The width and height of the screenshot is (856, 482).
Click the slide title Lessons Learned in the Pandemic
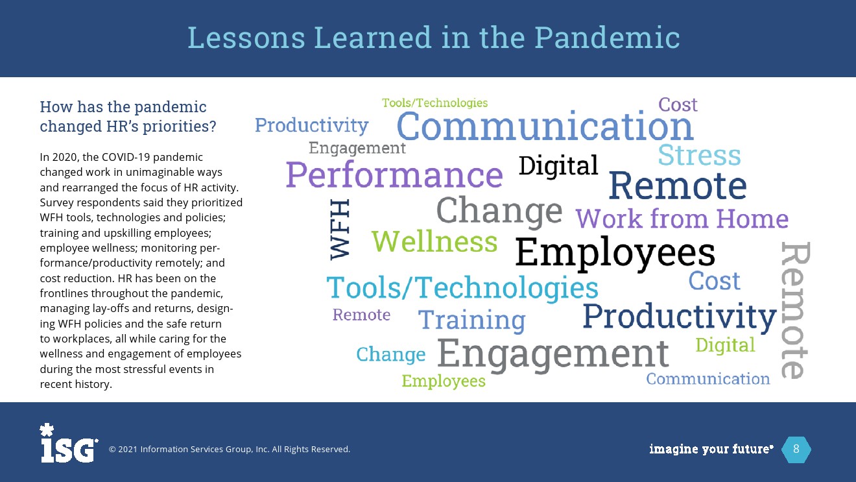click(x=433, y=38)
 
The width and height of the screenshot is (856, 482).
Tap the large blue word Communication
click(x=545, y=125)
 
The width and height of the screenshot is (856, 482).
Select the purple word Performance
click(x=394, y=175)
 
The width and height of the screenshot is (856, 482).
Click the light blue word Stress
click(x=699, y=155)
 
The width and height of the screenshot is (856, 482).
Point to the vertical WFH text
click(x=340, y=230)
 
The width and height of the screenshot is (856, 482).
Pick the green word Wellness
click(x=434, y=241)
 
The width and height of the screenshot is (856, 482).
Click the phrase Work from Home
click(x=682, y=218)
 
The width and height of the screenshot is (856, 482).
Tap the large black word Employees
click(x=615, y=252)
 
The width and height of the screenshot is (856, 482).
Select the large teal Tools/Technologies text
click(x=462, y=287)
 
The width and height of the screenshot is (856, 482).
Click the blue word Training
click(x=472, y=320)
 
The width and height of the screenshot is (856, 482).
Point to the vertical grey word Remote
click(x=795, y=310)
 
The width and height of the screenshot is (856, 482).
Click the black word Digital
click(x=558, y=165)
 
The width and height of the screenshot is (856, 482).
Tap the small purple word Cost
click(x=678, y=104)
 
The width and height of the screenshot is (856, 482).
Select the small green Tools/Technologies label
click(x=435, y=102)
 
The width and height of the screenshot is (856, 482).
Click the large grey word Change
click(x=499, y=211)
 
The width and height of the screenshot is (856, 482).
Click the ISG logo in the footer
click(x=68, y=443)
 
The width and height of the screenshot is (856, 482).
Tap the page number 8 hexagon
click(x=796, y=449)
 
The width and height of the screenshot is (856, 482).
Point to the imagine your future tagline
click(x=711, y=449)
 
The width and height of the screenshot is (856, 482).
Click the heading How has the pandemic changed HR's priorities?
click(x=128, y=116)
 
